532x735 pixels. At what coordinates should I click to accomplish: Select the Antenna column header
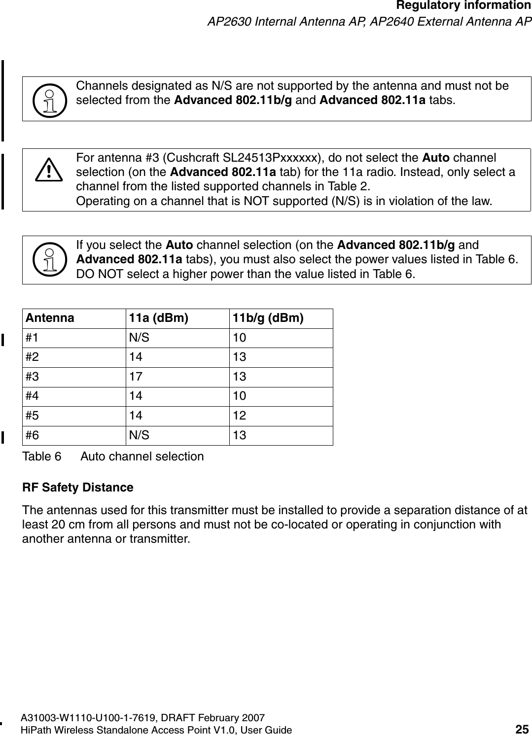pyautogui.click(x=50, y=318)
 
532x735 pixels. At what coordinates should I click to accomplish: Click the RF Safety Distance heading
pyautogui.click(x=78, y=488)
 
